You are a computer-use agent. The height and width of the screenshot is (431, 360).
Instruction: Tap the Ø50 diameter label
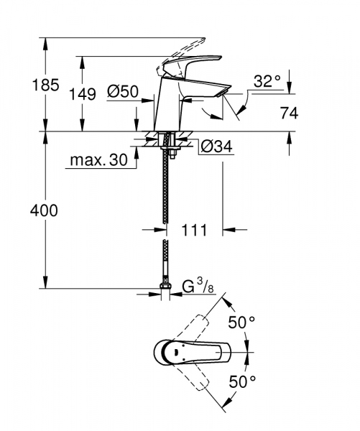pos(122,92)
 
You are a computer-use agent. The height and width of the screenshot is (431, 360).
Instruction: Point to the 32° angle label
pos(267,82)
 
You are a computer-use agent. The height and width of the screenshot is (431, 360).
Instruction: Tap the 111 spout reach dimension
pos(193,231)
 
